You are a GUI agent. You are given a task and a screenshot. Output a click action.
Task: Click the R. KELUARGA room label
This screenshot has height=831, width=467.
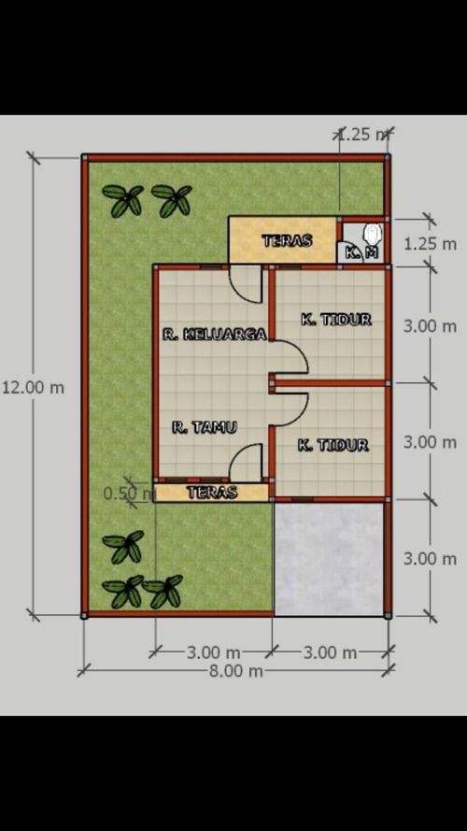tap(214, 334)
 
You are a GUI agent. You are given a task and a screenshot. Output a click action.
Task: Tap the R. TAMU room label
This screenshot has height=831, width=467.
tap(205, 427)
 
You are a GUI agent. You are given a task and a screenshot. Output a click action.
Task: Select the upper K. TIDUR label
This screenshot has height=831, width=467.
tap(335, 320)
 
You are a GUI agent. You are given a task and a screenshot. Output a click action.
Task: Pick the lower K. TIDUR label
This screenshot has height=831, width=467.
tap(333, 445)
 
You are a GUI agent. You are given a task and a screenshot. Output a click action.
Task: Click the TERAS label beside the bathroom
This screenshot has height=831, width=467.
tap(286, 240)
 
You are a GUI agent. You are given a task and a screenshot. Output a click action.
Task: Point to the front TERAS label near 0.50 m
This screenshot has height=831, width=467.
tap(212, 492)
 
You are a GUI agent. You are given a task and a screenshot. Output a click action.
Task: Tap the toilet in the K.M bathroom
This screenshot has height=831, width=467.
tap(373, 232)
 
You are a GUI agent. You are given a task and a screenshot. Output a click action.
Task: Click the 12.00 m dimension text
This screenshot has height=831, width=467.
tap(33, 387)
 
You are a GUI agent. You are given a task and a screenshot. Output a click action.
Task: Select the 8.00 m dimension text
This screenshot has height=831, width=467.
tap(235, 670)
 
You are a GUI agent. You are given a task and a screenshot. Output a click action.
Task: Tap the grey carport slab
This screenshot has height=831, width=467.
tap(329, 559)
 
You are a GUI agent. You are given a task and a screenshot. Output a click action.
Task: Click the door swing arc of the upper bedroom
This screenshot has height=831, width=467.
tap(290, 357)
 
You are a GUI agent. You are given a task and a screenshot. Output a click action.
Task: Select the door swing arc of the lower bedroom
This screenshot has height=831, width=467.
tap(290, 408)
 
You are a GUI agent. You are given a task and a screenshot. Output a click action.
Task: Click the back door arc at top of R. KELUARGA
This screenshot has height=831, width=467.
tap(248, 283)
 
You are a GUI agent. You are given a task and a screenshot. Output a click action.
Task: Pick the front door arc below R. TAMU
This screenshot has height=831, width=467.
tap(247, 462)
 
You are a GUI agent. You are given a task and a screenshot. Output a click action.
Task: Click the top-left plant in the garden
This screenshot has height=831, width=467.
tap(123, 200)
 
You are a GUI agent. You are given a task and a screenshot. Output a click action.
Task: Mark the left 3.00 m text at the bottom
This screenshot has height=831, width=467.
tap(214, 652)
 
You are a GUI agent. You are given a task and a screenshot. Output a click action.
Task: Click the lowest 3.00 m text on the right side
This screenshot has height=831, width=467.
tap(430, 558)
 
